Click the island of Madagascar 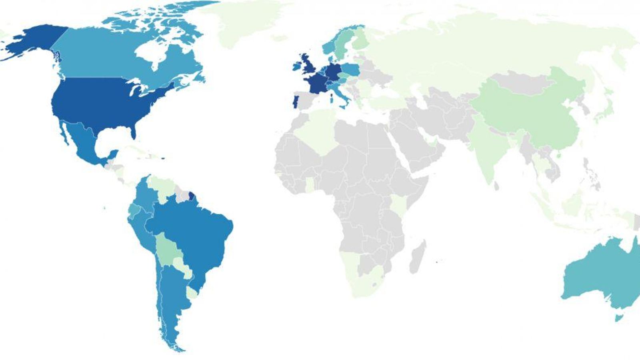(x=417, y=256)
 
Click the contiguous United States (x=96, y=100)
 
